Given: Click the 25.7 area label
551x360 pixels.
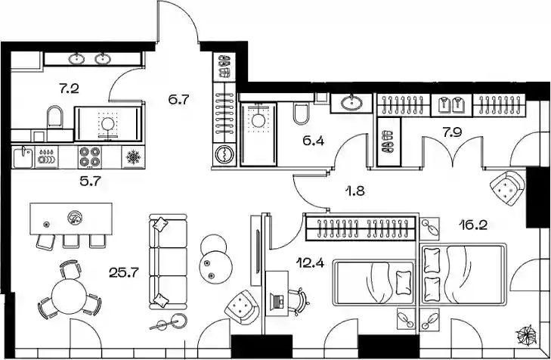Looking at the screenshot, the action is point(124,272).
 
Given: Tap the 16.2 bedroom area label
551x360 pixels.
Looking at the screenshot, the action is point(473,225).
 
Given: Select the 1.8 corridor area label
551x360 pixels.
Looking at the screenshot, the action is point(355,191).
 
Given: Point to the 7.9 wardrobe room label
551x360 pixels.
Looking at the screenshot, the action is point(452,132).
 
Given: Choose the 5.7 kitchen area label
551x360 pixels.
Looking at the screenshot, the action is point(91,182).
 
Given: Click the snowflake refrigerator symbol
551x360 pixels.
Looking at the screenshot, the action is point(133,157).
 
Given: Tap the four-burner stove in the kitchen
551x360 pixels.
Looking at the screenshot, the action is point(90,157).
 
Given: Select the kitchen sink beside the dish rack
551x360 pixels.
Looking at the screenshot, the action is point(23,157).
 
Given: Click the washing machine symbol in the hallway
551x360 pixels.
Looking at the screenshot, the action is point(224,154).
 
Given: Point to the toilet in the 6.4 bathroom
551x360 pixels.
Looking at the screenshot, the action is point(301,113).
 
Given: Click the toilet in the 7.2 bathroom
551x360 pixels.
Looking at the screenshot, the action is point(55,117).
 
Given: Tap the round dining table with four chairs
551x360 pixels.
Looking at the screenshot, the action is point(70,295).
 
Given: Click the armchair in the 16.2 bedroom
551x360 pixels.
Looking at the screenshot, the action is point(507,188).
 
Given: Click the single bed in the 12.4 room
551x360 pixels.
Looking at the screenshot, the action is point(373,283).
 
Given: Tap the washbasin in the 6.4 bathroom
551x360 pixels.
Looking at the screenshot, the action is point(351,103).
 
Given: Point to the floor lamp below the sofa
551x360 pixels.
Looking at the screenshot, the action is point(169,323).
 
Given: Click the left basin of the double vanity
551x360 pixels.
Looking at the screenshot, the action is point(76,59).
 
